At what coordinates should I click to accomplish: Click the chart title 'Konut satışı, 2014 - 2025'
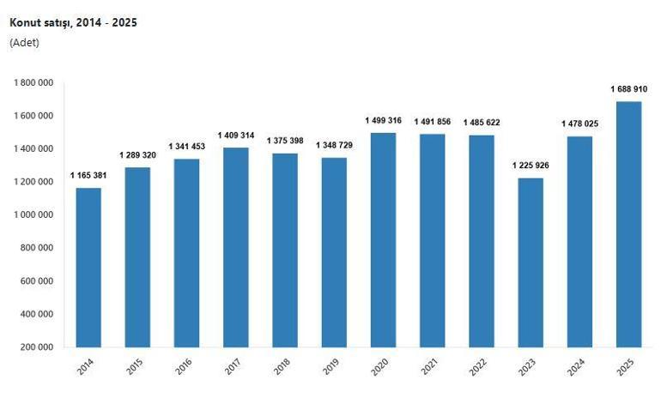[x=73, y=23]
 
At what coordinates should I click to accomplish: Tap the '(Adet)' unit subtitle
[x=24, y=42]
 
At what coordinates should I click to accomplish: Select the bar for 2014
[x=88, y=268]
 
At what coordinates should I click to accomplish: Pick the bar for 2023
[x=531, y=262]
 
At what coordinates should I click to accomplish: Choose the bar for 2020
[x=383, y=240]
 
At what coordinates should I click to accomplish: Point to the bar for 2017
[x=235, y=248]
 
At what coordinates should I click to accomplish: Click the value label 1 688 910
[x=629, y=89]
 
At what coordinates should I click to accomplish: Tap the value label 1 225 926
[x=531, y=166]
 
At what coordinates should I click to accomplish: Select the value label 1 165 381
[x=88, y=176]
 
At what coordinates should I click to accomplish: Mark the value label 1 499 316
[x=383, y=120]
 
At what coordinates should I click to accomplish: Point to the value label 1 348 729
[x=334, y=145]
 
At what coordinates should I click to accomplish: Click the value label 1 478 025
[x=580, y=124]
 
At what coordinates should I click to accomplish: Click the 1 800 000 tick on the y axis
[x=33, y=82]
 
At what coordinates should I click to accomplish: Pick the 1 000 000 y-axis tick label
[x=33, y=215]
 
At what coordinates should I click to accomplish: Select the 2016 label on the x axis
[x=184, y=367]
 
